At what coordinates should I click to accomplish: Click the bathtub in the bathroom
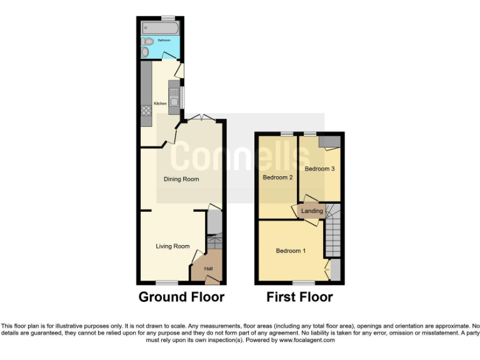[161, 28]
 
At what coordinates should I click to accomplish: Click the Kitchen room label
[160, 103]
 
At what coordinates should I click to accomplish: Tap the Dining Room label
[181, 179]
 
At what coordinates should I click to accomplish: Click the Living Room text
[172, 246]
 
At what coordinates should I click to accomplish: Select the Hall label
[208, 269]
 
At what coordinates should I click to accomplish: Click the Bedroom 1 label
[291, 251]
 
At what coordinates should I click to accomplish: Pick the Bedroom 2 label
[277, 177]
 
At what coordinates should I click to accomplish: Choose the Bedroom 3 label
[320, 169]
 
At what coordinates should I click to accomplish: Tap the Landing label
[312, 211]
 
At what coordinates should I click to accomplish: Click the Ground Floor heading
[181, 297]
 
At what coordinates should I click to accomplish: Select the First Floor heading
[299, 297]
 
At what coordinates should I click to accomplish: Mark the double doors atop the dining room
[201, 117]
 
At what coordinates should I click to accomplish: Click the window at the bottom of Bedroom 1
[304, 283]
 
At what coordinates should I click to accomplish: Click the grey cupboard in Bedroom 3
[328, 142]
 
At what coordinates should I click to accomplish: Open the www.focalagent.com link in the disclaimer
[306, 341]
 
